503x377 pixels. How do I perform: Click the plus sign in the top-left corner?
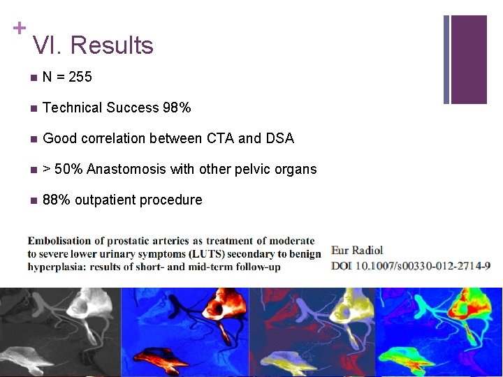pos(19,28)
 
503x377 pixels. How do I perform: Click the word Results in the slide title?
pos(112,45)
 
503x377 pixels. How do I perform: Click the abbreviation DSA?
pos(279,138)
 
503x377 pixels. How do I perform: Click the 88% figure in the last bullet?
pos(57,200)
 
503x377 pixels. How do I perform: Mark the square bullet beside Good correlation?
pos(32,139)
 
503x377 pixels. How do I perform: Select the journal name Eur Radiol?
pos(356,250)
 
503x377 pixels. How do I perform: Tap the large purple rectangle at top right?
pos(468,59)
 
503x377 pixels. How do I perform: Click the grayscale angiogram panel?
pos(60,332)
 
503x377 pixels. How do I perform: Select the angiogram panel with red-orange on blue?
pos(185,332)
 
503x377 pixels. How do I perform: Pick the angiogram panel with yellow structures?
pos(312,332)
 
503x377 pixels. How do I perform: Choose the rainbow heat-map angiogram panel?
pos(439,332)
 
